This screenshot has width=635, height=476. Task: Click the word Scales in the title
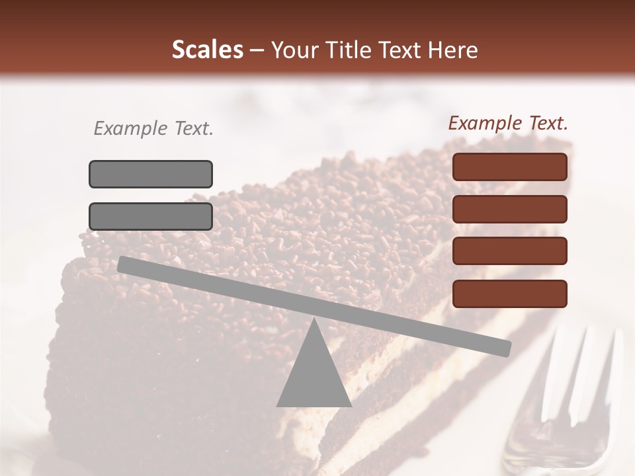207,50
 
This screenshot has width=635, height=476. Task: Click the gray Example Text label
153,128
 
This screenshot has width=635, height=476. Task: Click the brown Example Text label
508,123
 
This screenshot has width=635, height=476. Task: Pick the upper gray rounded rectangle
151,174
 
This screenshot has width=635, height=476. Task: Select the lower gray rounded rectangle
151,216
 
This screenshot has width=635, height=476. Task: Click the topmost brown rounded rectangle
510,167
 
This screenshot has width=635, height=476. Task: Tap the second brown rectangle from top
510,209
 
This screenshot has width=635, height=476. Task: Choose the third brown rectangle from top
510,251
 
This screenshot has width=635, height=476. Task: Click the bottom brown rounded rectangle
510,294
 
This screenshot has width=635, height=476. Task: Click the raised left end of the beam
123,264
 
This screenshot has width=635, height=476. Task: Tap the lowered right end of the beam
505,348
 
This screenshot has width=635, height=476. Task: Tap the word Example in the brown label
484,123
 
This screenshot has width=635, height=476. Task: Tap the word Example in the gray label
129,128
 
